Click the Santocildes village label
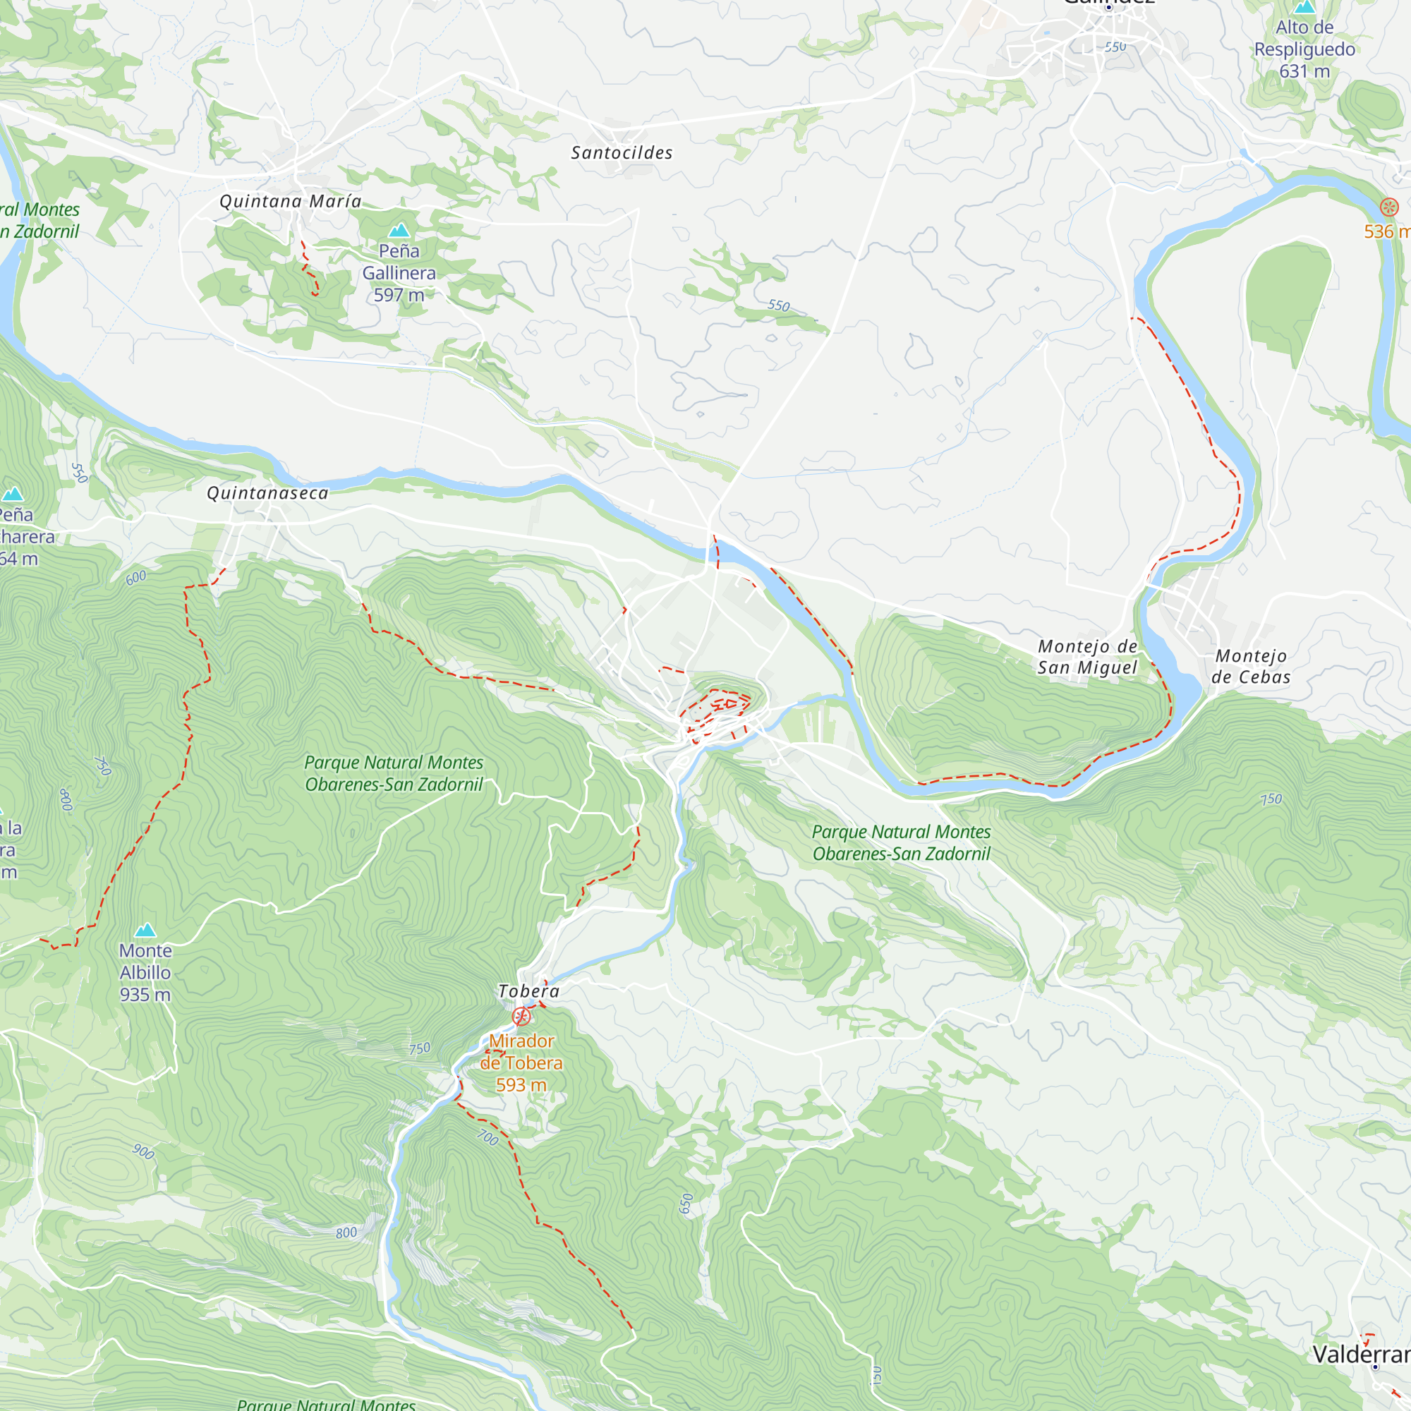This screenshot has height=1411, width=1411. [x=622, y=152]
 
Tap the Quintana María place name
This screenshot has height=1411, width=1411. [x=291, y=201]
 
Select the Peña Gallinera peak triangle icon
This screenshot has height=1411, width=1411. [x=399, y=231]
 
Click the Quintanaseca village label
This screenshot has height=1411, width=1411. [x=267, y=493]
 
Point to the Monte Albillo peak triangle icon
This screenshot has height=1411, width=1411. [x=146, y=930]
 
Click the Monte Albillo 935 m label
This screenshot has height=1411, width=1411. [x=145, y=972]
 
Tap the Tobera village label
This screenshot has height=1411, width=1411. [x=528, y=991]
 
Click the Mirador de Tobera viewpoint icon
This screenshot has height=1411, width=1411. [x=521, y=1016]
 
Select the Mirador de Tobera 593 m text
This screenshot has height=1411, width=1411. [x=521, y=1062]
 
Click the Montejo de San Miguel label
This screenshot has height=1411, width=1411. [x=1087, y=657]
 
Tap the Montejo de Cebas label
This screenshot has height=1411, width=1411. [x=1251, y=666]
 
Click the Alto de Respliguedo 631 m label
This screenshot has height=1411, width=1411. [x=1304, y=49]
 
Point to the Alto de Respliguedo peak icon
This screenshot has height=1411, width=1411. [x=1304, y=7]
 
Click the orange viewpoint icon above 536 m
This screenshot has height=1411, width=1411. [x=1389, y=207]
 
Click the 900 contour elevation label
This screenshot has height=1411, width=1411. [x=144, y=1152]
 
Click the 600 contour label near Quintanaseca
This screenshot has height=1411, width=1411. [x=136, y=578]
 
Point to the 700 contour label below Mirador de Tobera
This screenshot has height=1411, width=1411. [x=488, y=1138]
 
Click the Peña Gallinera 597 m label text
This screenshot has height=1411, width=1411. [x=399, y=273]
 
